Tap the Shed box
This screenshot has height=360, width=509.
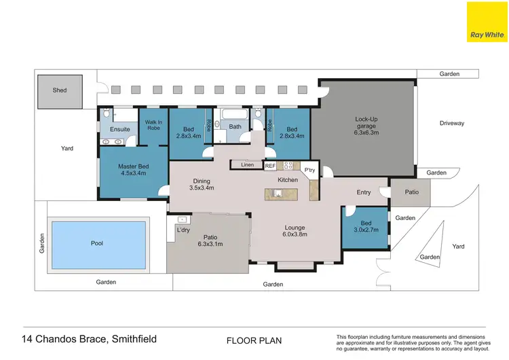pyautogui.click(x=60, y=90)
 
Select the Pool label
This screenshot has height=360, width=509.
pyautogui.click(x=97, y=242)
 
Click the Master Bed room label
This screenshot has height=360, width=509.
pyautogui.click(x=134, y=170)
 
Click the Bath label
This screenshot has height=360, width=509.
pyautogui.click(x=235, y=126)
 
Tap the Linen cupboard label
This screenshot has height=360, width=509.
pyautogui.click(x=247, y=165)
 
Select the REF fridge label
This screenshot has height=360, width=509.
pyautogui.click(x=270, y=166)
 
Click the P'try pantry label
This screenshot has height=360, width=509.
pyautogui.click(x=310, y=170)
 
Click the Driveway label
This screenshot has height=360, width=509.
pyautogui.click(x=451, y=123)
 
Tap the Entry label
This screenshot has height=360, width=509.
pyautogui.click(x=364, y=192)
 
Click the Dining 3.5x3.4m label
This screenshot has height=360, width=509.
pyautogui.click(x=202, y=184)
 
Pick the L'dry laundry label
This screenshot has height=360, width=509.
pyautogui.click(x=183, y=230)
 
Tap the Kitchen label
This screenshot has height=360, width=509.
pyautogui.click(x=288, y=179)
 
